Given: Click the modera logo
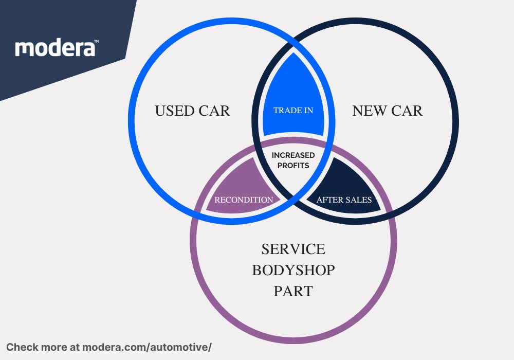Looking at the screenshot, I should (55, 48).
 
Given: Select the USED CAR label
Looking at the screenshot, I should (192, 111).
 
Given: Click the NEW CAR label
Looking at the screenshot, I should (387, 111).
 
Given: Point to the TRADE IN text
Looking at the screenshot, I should (293, 111).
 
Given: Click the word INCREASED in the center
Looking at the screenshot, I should (293, 155).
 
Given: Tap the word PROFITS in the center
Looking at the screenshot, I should (293, 166).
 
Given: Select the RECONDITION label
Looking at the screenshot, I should (244, 200).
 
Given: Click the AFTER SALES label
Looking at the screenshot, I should (344, 200).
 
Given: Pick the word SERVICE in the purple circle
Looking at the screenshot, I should (293, 249).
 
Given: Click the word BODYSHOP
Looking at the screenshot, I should (293, 271).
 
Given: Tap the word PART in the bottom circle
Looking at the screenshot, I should (293, 292).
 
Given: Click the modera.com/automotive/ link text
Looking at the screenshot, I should (147, 347).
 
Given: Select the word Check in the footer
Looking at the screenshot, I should (21, 347).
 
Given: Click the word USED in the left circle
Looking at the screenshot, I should (173, 111).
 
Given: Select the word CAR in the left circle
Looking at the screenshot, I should (213, 111).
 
